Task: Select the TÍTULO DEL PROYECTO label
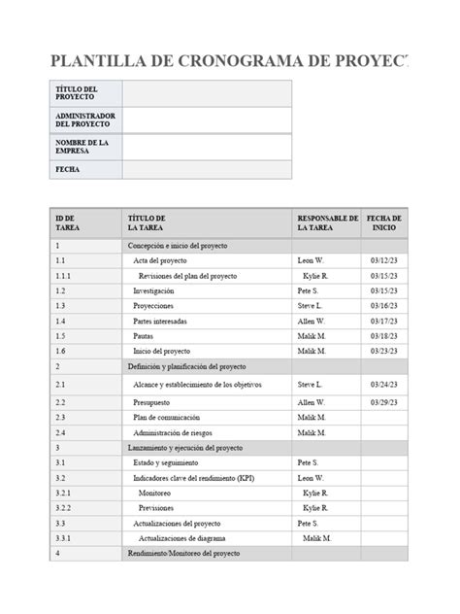point(76,93)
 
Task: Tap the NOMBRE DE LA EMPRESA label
point(82,146)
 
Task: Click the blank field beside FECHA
point(206,169)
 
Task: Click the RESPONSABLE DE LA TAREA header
point(326,223)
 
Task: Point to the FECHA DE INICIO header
point(384,223)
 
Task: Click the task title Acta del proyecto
point(160,261)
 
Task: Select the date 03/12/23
point(384,261)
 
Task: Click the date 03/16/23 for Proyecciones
point(384,305)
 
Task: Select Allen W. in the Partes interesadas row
point(312,321)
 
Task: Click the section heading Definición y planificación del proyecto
point(186,366)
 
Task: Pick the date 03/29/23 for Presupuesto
point(384,401)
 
